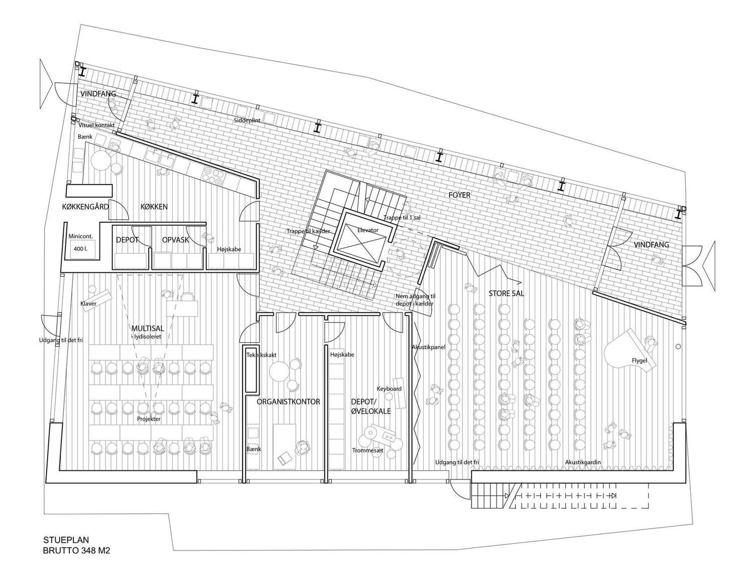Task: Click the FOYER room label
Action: pos(459,195)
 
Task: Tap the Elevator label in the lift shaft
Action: pos(367,230)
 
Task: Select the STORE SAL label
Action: pos(507,294)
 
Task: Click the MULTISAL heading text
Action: pos(147,328)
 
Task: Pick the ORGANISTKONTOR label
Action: pos(288,402)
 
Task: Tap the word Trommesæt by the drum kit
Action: pos(367,451)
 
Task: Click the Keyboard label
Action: pos(389,388)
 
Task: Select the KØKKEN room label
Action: pos(154,207)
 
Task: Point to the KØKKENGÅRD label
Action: pos(85,207)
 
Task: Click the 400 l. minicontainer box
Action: pos(81,249)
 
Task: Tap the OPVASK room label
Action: pos(175,240)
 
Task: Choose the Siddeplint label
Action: pos(247,120)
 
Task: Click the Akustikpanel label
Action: pos(428,347)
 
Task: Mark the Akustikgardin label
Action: pos(583,462)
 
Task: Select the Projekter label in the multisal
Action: pos(149,419)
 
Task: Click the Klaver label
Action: pos(88,304)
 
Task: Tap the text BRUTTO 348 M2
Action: pos(77,550)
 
